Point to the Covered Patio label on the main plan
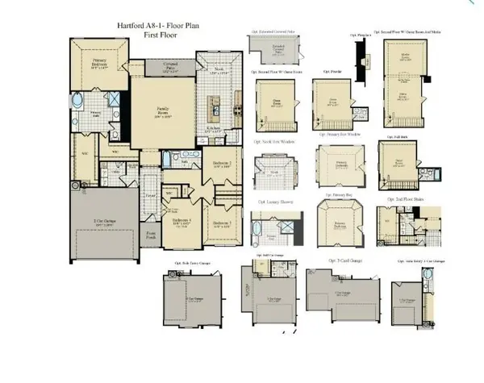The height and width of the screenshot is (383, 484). [x=171, y=66]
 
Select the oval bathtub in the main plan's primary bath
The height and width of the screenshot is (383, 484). [x=77, y=102]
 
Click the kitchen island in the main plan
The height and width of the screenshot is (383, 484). [x=215, y=106]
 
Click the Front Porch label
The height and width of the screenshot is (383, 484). [x=151, y=235]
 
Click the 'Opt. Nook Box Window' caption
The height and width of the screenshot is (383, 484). [x=274, y=142]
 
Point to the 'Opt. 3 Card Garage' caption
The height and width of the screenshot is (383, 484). [x=344, y=260]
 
